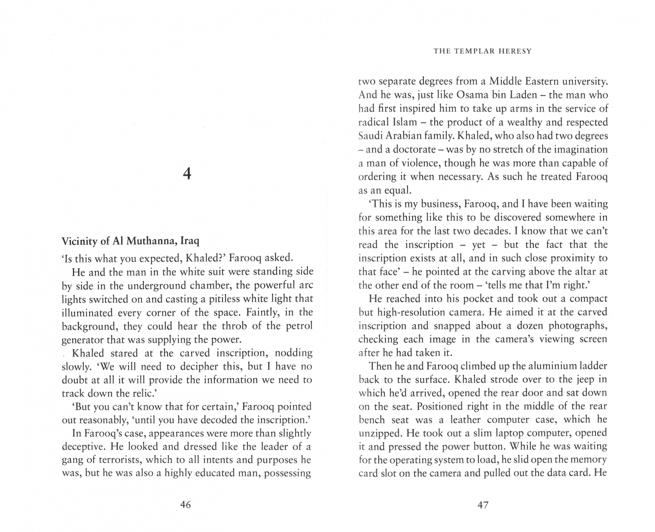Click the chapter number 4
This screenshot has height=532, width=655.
(186, 173)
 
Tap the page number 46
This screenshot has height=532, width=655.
(186, 504)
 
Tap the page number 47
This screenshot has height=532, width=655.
(483, 504)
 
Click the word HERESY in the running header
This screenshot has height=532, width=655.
(516, 51)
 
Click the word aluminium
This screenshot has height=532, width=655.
(542, 366)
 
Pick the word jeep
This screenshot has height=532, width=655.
(582, 380)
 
